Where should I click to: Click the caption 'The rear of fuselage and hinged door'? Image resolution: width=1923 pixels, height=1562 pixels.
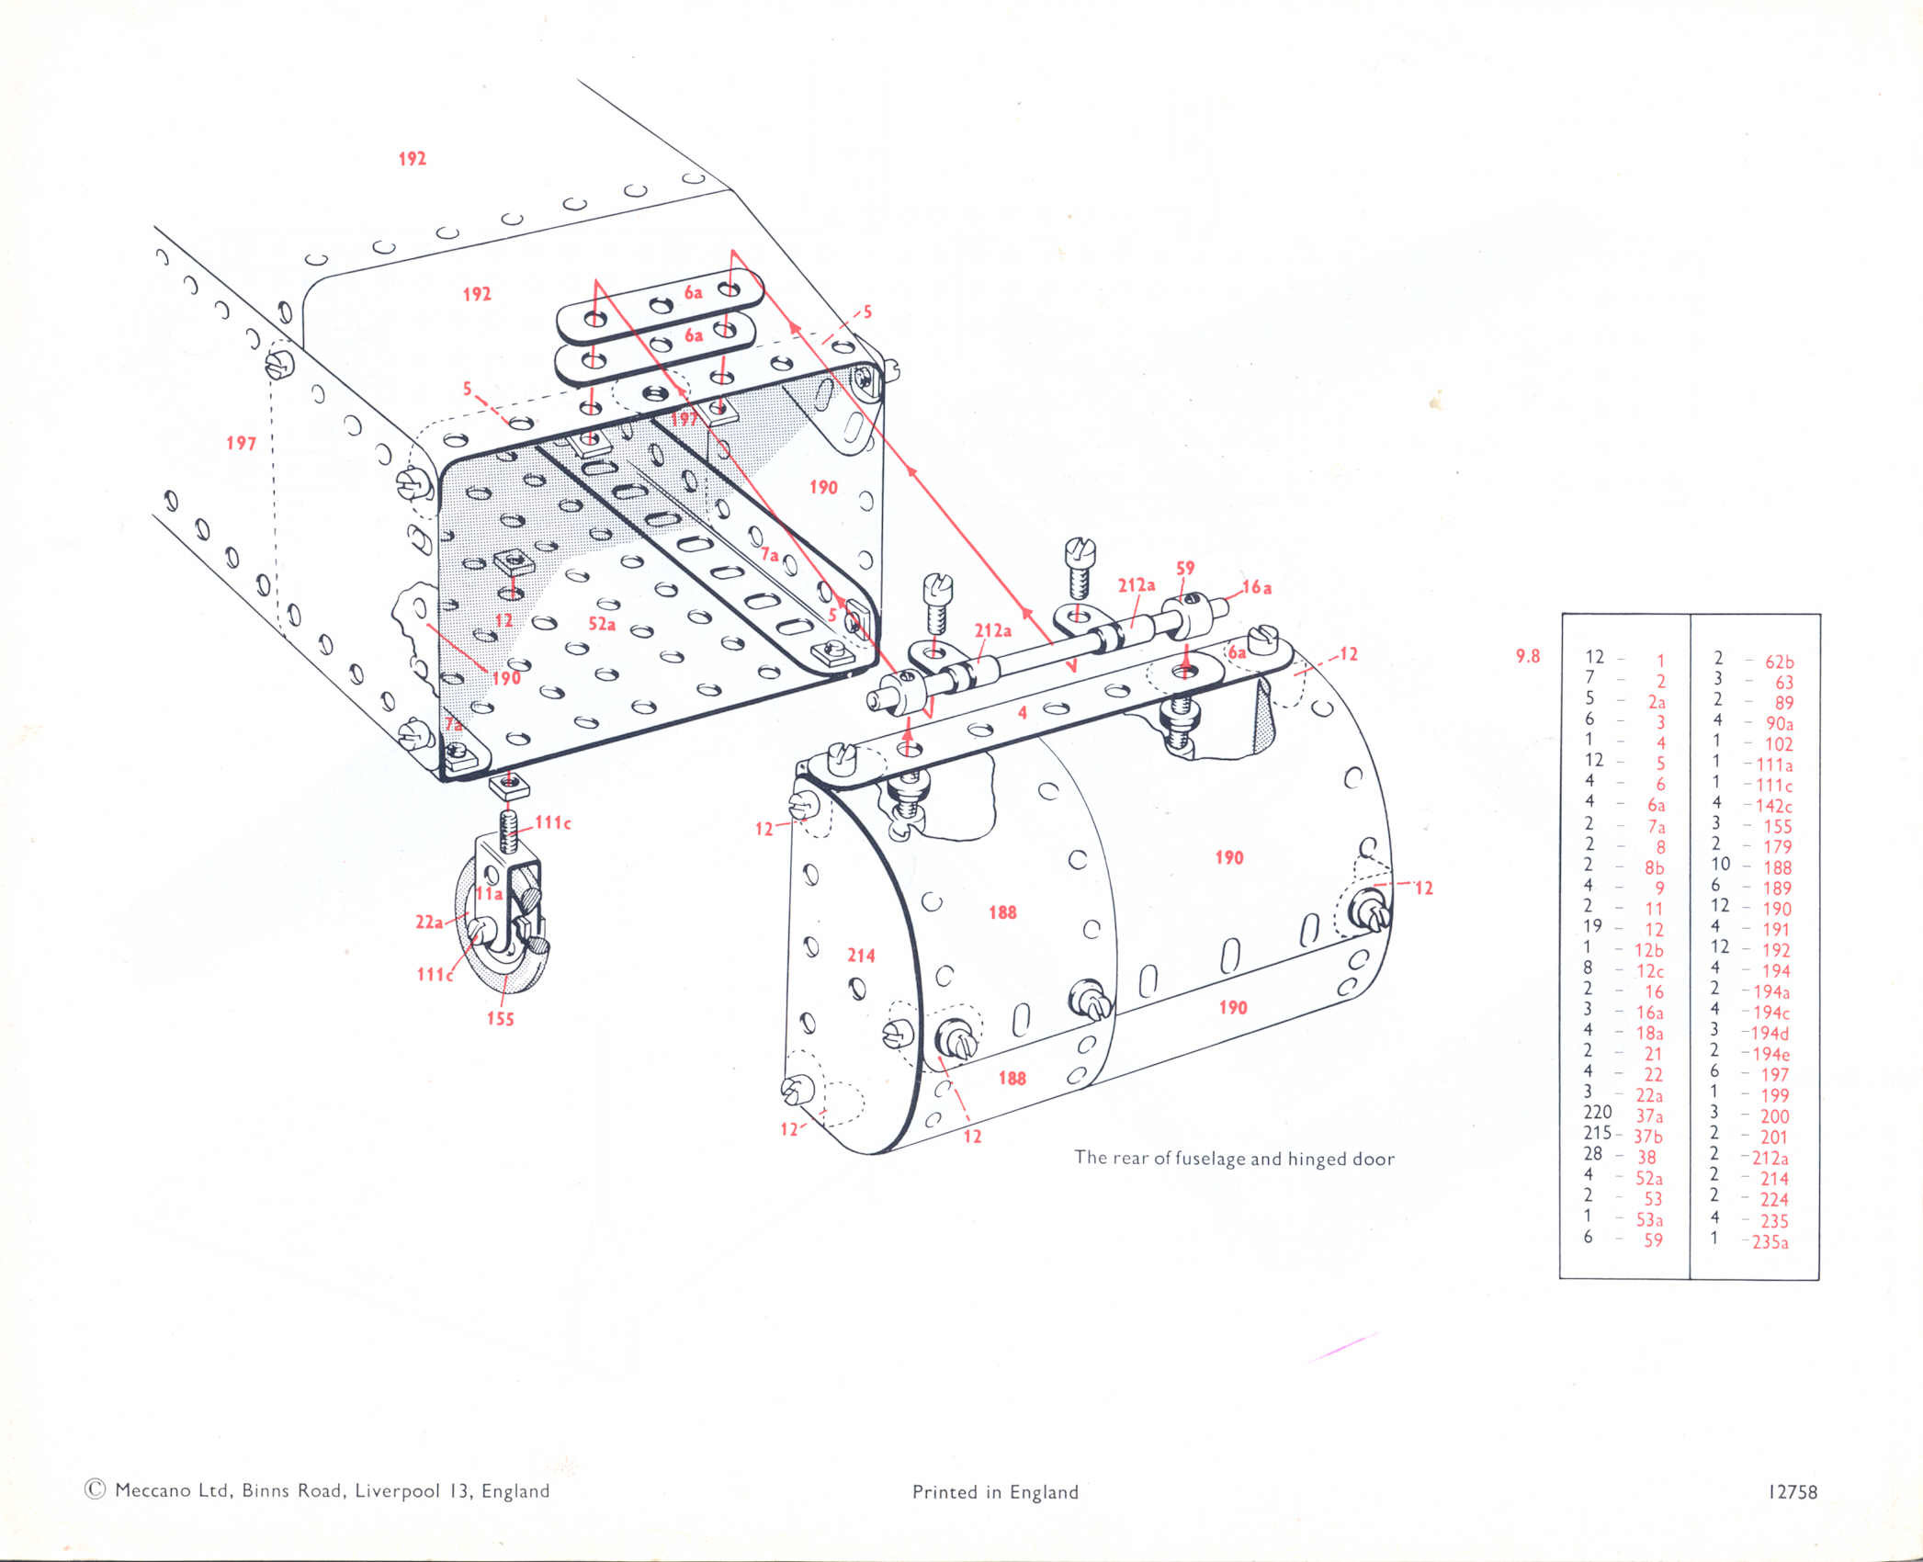[x=1234, y=1159]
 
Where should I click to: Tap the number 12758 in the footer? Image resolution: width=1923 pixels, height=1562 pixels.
[x=1793, y=1492]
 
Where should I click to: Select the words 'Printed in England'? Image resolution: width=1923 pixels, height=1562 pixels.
[x=995, y=1492]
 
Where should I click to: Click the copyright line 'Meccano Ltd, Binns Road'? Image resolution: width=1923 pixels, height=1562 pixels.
[x=317, y=1490]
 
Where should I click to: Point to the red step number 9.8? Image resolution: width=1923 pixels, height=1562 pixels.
[x=1527, y=656]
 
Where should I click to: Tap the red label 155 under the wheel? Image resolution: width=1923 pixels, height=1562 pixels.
[x=501, y=1019]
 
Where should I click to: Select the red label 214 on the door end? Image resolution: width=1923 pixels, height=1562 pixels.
[x=861, y=956]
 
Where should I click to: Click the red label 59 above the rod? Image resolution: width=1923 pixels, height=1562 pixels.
[x=1185, y=569]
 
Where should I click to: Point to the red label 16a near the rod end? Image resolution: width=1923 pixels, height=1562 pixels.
[x=1257, y=587]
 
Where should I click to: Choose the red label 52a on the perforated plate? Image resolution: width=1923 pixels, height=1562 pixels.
[x=602, y=624]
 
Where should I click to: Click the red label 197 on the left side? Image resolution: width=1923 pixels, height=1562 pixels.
[x=241, y=444]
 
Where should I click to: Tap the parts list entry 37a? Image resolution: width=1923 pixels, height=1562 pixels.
[x=1649, y=1116]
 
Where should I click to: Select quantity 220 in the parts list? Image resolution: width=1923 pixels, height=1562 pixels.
[x=1598, y=1113]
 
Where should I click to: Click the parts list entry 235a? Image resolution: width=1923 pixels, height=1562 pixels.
[x=1770, y=1242]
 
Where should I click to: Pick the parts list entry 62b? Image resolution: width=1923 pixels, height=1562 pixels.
[x=1779, y=662]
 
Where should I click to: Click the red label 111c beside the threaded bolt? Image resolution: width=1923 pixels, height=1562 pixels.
[x=553, y=822]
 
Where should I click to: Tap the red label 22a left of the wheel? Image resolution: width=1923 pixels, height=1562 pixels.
[x=429, y=922]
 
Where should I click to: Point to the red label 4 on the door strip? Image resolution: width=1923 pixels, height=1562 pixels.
[x=1022, y=713]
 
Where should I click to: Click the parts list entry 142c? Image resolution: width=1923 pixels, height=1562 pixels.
[x=1772, y=806]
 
